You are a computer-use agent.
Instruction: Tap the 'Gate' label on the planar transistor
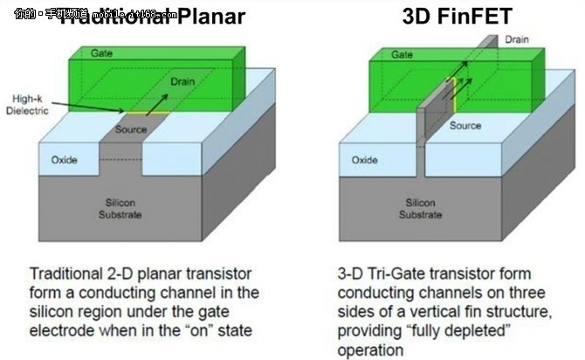point(102,54)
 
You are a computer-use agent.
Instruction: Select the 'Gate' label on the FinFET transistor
point(378,54)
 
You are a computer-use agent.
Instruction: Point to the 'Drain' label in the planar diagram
point(182,80)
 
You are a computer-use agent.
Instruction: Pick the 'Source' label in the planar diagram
point(131,129)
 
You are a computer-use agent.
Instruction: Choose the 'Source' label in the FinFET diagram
point(465,126)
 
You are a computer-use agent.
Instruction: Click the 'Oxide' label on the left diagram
point(65,161)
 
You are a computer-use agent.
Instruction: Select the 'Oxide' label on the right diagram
point(365,161)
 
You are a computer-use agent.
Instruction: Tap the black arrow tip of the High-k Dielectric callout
point(131,112)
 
